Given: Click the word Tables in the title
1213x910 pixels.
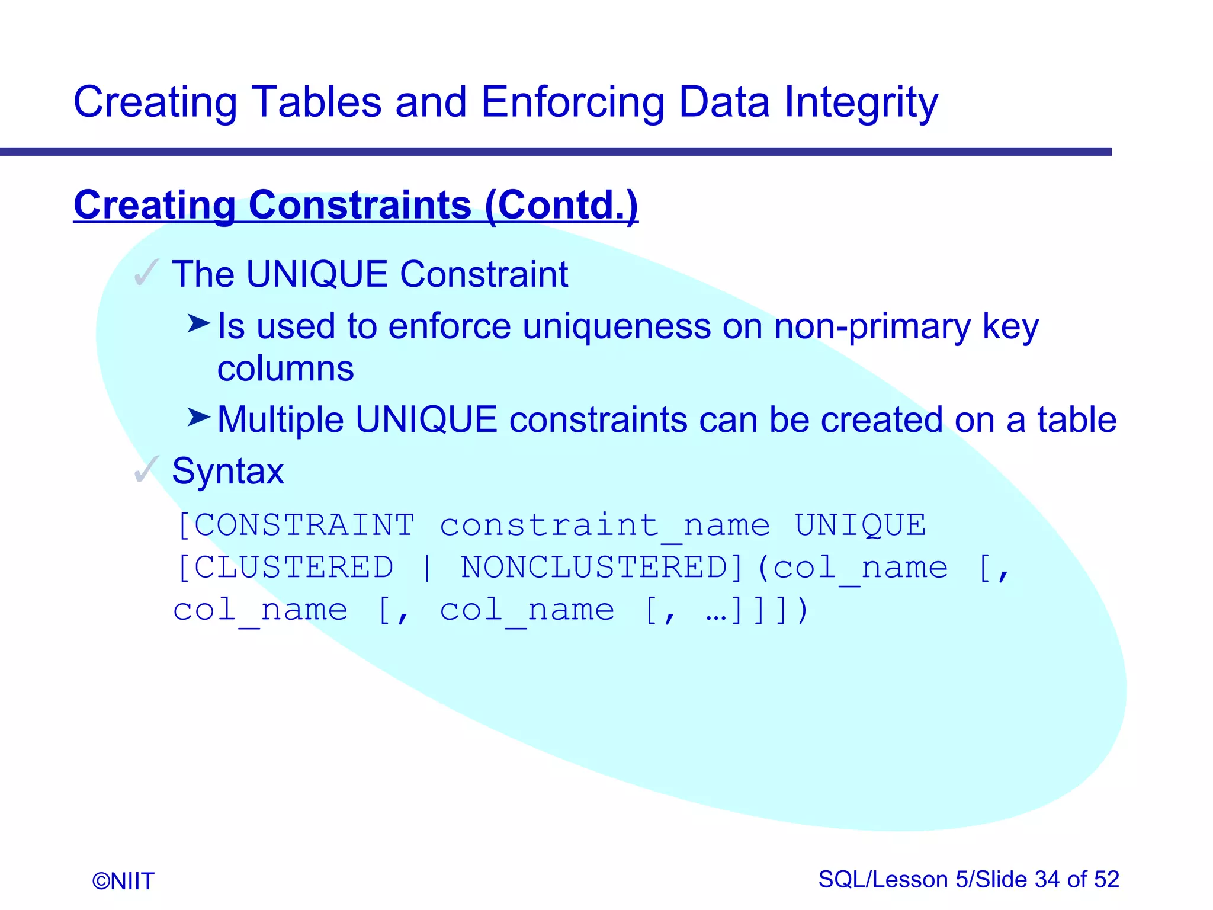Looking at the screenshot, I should pos(316,102).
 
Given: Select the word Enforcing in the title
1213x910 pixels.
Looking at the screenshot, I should pos(572,102).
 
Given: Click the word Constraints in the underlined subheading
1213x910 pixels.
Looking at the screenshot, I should pos(360,205).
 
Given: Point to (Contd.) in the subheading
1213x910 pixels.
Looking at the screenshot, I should pos(561,205).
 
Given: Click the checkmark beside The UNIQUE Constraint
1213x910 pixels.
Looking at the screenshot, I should pos(146,273).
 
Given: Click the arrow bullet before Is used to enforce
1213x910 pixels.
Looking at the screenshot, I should pos(198,323).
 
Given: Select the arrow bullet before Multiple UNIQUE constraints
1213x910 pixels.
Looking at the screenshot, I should pos(198,417).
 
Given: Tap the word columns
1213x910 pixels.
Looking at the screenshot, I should pos(285,369).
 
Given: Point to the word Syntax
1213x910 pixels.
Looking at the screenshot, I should pos(227,471).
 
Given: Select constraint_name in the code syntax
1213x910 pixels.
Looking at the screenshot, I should pos(604,526).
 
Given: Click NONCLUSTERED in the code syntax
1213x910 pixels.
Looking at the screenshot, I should pos(594,568).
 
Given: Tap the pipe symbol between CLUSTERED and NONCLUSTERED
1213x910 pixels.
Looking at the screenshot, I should pos(427,568).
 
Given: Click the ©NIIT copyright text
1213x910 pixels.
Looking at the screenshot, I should pos(123,881).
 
